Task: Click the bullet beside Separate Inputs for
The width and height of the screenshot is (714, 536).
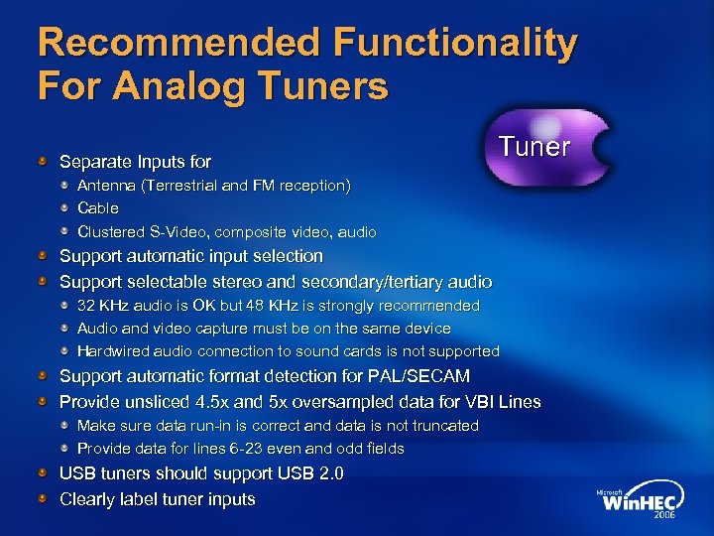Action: click(x=44, y=161)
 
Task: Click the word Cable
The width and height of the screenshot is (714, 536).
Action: click(x=98, y=208)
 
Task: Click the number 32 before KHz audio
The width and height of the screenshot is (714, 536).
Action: click(x=86, y=306)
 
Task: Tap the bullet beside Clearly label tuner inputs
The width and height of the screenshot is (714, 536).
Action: click(x=44, y=499)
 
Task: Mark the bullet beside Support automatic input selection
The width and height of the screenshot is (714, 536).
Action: click(x=44, y=256)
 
